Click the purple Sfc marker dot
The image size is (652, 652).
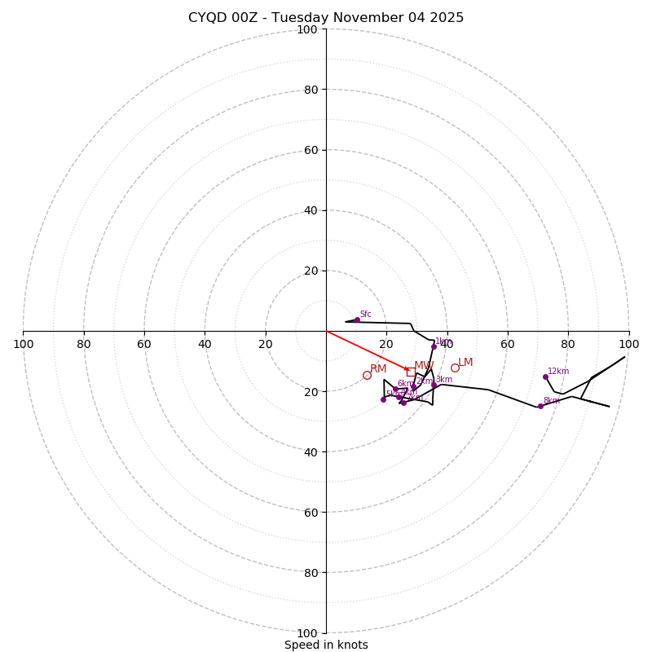pos(357,319)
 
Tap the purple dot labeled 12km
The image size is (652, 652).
pos(545,377)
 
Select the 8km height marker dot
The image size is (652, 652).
pos(540,406)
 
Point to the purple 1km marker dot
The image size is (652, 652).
pos(434,346)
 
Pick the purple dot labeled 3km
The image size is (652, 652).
pos(434,384)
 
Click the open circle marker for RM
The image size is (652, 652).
pos(367,375)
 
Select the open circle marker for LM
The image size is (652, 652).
pos(455,368)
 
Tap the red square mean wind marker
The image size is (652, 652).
pos(411,372)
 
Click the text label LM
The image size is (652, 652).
pos(465,363)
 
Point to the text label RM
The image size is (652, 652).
pos(378,369)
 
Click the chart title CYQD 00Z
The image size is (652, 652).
pos(326,18)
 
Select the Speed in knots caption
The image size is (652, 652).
pos(326,645)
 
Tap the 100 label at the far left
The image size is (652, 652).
pos(23,344)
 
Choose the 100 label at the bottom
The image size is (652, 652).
pos(306,632)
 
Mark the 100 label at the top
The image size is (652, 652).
pos(306,29)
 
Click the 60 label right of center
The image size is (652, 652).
pos(507,344)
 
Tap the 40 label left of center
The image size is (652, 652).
pos(205,344)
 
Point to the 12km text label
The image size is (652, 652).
pos(558,372)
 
